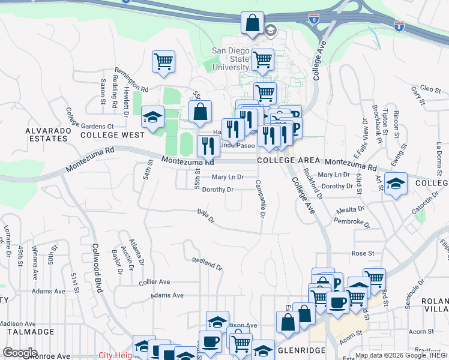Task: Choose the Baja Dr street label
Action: pos(205,215)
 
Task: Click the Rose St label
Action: pos(363,253)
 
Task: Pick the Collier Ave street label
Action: pos(154,281)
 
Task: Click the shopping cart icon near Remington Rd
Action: pos(163,62)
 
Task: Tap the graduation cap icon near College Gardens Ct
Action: pos(152,117)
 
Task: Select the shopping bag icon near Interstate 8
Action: pos(253,23)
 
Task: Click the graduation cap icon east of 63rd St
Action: pos(396,184)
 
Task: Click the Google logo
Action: pos(20,353)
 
